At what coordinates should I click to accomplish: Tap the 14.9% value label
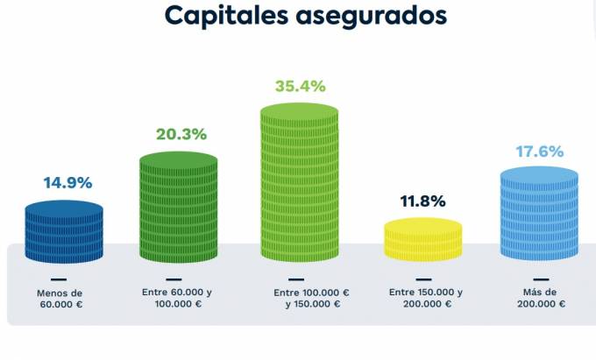click(x=67, y=183)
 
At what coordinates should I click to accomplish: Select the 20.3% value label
click(x=181, y=134)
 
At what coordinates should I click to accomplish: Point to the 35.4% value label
click(x=300, y=86)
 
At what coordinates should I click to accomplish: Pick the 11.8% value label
click(x=423, y=201)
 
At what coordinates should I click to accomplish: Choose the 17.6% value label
click(x=539, y=152)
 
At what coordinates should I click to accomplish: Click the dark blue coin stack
click(x=64, y=232)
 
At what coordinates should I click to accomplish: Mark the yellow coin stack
click(x=423, y=241)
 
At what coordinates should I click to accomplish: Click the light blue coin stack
click(x=539, y=215)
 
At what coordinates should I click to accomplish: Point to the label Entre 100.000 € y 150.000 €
click(x=311, y=299)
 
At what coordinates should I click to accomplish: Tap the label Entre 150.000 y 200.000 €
click(x=426, y=299)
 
